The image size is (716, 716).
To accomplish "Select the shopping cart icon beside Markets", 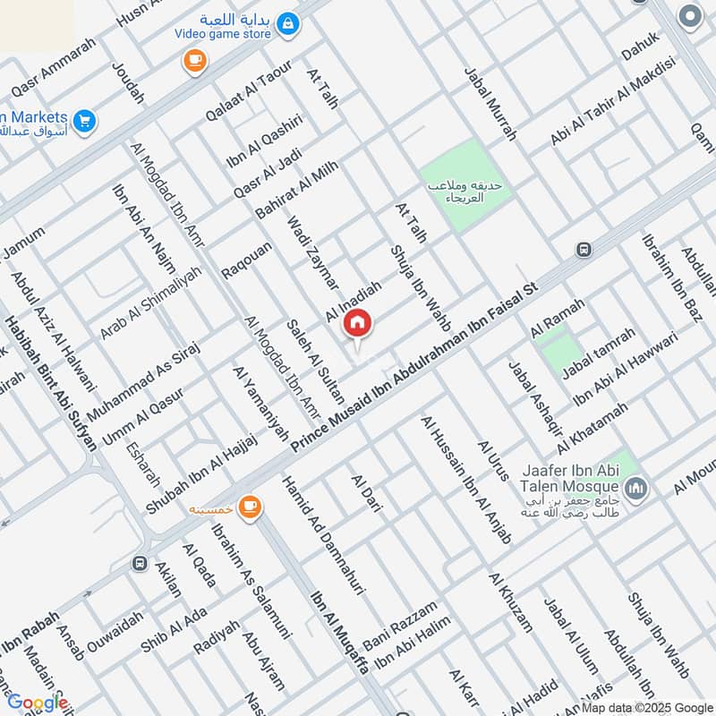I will (x=85, y=119).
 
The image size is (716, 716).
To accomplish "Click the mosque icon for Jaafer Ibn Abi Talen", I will (x=637, y=489).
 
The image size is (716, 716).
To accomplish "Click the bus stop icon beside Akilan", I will (x=140, y=563).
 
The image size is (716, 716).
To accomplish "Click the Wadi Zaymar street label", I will (x=313, y=253).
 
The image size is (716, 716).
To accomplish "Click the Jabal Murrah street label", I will (x=490, y=106).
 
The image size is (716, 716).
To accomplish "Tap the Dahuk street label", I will (x=640, y=46).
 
